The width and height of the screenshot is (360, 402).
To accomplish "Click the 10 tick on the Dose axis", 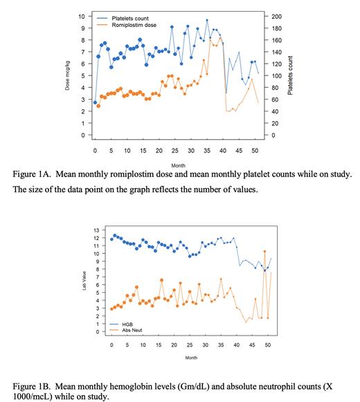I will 81,16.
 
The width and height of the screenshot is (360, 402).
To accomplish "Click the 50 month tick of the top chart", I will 255,149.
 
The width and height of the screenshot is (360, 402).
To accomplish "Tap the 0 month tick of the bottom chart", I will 111,344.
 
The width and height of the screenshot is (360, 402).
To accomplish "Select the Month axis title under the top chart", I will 178,165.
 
